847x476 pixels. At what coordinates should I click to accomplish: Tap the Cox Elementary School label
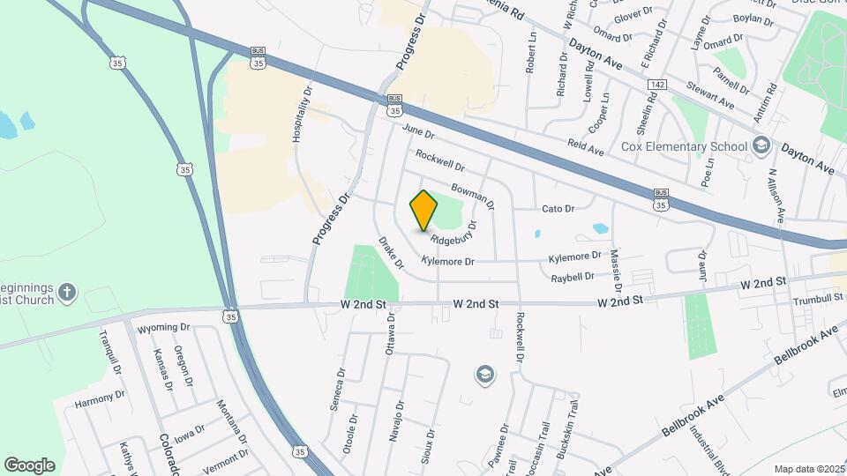(684, 146)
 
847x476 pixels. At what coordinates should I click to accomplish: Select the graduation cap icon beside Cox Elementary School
(761, 145)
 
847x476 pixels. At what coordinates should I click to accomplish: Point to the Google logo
(29, 465)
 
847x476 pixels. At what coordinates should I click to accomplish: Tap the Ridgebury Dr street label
(453, 233)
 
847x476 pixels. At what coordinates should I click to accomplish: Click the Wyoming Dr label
(163, 327)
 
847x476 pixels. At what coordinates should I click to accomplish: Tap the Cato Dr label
(558, 209)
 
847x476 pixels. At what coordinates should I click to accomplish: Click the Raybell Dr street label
(573, 276)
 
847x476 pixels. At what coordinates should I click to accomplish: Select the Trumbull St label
(817, 299)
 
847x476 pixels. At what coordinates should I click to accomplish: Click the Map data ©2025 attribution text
(807, 469)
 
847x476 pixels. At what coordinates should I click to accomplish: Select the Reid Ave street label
(585, 152)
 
